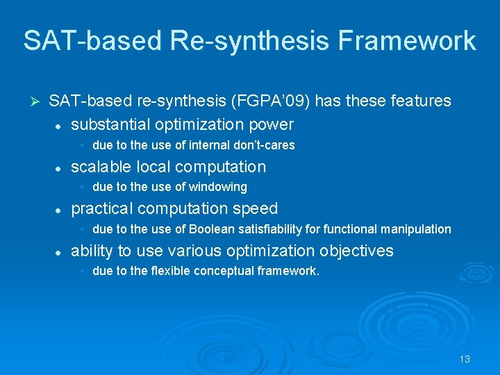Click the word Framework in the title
[x=407, y=41]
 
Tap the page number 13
[x=465, y=359]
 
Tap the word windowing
[x=218, y=187]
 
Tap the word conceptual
[x=226, y=271]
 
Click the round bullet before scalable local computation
[x=60, y=168]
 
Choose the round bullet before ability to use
[x=60, y=252]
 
